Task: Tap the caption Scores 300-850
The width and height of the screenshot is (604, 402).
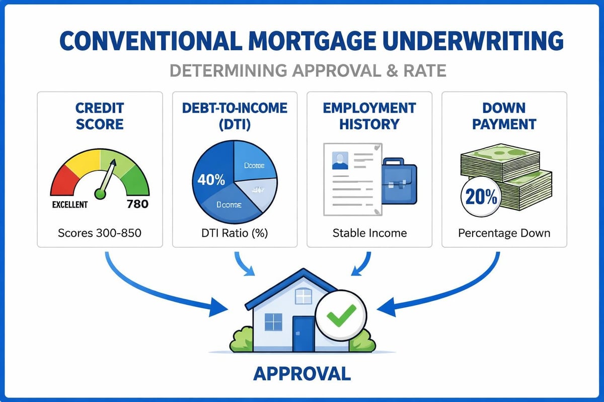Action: coord(100,233)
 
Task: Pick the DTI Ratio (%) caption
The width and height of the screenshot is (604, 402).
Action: coord(235,233)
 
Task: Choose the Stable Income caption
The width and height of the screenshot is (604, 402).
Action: coord(369,233)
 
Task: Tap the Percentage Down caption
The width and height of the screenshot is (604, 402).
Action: coord(504,233)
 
